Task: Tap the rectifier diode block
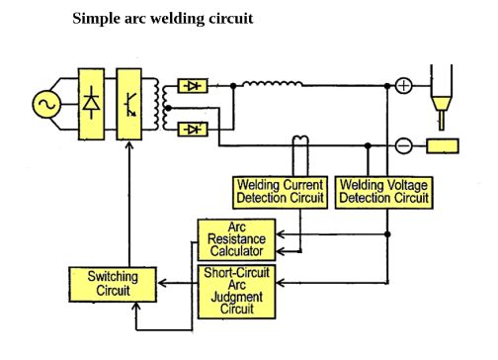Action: coord(94,104)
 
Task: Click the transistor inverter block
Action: coord(129,104)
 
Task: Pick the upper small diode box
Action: coord(192,86)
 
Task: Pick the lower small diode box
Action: coord(192,129)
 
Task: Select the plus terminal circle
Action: coord(403,86)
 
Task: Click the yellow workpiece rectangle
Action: coord(443,146)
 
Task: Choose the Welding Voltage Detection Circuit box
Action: coord(384,191)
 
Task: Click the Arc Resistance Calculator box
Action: coord(237,239)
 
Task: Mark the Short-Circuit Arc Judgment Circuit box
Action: coord(237,290)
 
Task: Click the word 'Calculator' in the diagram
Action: coord(237,251)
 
